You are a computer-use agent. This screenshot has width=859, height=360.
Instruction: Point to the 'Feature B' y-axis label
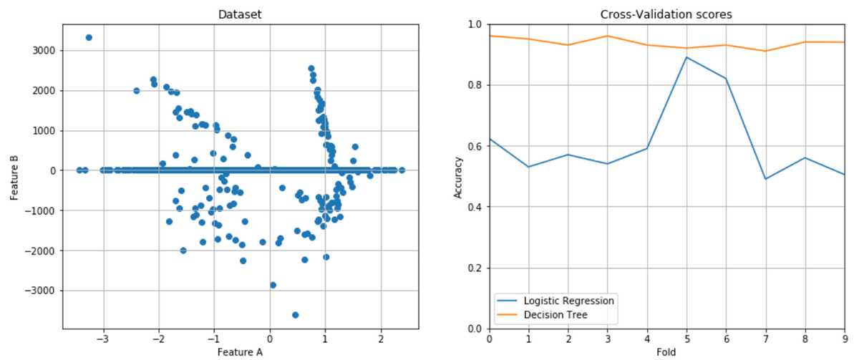click(x=15, y=170)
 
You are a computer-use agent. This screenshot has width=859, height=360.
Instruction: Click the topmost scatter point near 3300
click(x=89, y=37)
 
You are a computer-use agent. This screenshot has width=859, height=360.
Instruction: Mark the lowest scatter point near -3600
click(x=295, y=315)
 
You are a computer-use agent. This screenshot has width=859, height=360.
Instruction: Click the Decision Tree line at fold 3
click(x=607, y=36)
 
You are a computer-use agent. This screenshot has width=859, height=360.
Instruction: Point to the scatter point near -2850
click(x=273, y=285)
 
